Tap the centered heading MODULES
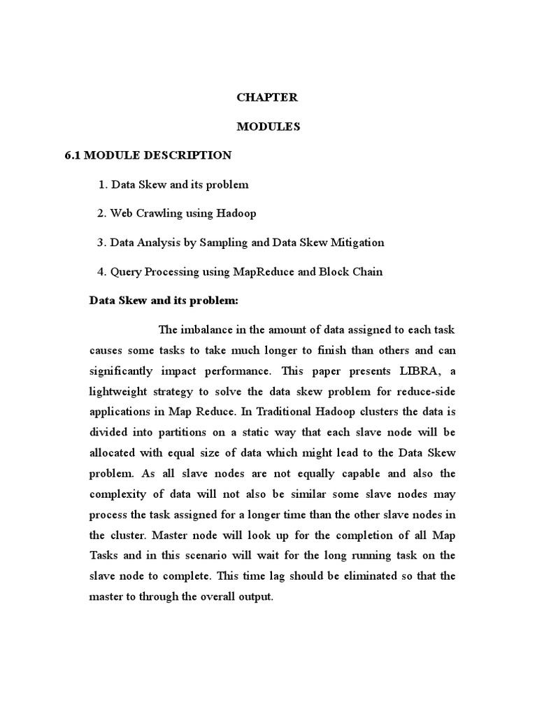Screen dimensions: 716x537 point(268,127)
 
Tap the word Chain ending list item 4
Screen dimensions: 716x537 point(367,271)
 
